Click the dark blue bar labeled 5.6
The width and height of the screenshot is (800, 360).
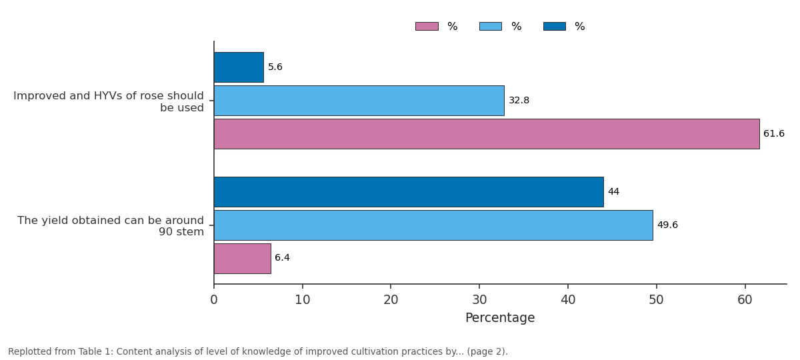click(x=239, y=67)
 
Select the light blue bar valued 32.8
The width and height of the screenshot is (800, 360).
click(x=359, y=101)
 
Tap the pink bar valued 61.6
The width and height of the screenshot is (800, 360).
click(x=487, y=134)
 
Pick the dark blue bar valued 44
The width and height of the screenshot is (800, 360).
click(x=409, y=192)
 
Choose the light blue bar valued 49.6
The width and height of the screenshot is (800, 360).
click(x=433, y=225)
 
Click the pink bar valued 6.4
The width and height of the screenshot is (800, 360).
click(x=243, y=259)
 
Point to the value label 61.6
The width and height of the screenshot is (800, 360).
click(x=774, y=133)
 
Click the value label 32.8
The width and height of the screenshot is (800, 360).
click(x=519, y=101)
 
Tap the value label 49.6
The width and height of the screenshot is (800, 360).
click(x=667, y=225)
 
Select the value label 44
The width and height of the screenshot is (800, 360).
click(x=613, y=192)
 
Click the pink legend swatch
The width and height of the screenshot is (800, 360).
click(x=427, y=27)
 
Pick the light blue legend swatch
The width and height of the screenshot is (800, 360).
click(x=491, y=27)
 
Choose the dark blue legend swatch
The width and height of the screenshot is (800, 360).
click(x=555, y=27)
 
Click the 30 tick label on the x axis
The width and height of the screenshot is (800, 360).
click(x=479, y=300)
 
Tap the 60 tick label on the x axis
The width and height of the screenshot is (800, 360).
click(x=745, y=300)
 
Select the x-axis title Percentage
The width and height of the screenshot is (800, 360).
click(x=500, y=318)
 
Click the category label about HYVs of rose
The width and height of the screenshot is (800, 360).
click(x=109, y=102)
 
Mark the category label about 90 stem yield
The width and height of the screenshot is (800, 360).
click(x=111, y=226)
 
